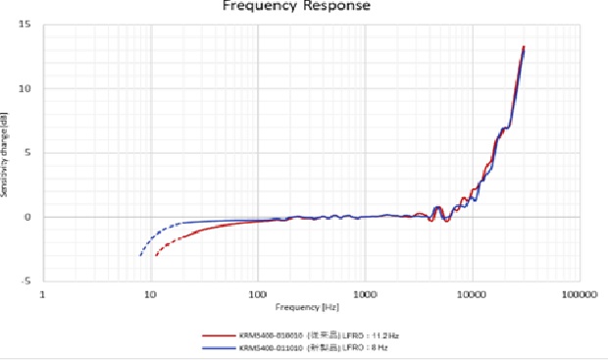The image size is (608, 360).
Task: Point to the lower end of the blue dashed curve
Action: [x=141, y=256]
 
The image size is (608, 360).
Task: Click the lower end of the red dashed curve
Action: [x=156, y=256]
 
